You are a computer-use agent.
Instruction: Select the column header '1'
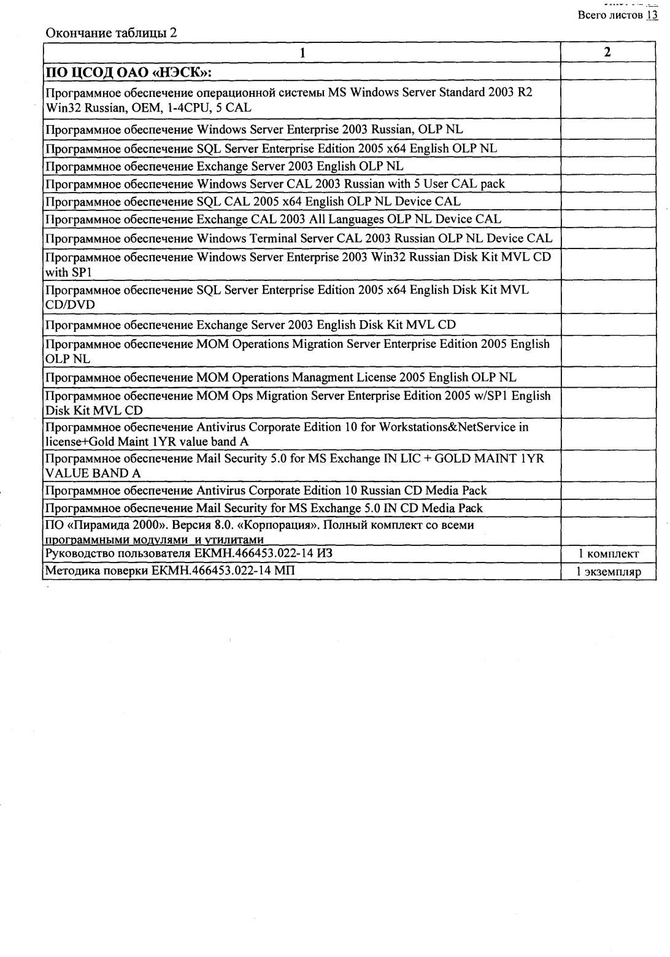tap(302, 52)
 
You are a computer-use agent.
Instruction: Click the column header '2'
tap(607, 52)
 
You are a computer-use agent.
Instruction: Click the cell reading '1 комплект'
tap(608, 554)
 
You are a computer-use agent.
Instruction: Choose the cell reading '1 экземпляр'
tap(607, 572)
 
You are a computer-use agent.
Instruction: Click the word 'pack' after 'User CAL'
tap(492, 183)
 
